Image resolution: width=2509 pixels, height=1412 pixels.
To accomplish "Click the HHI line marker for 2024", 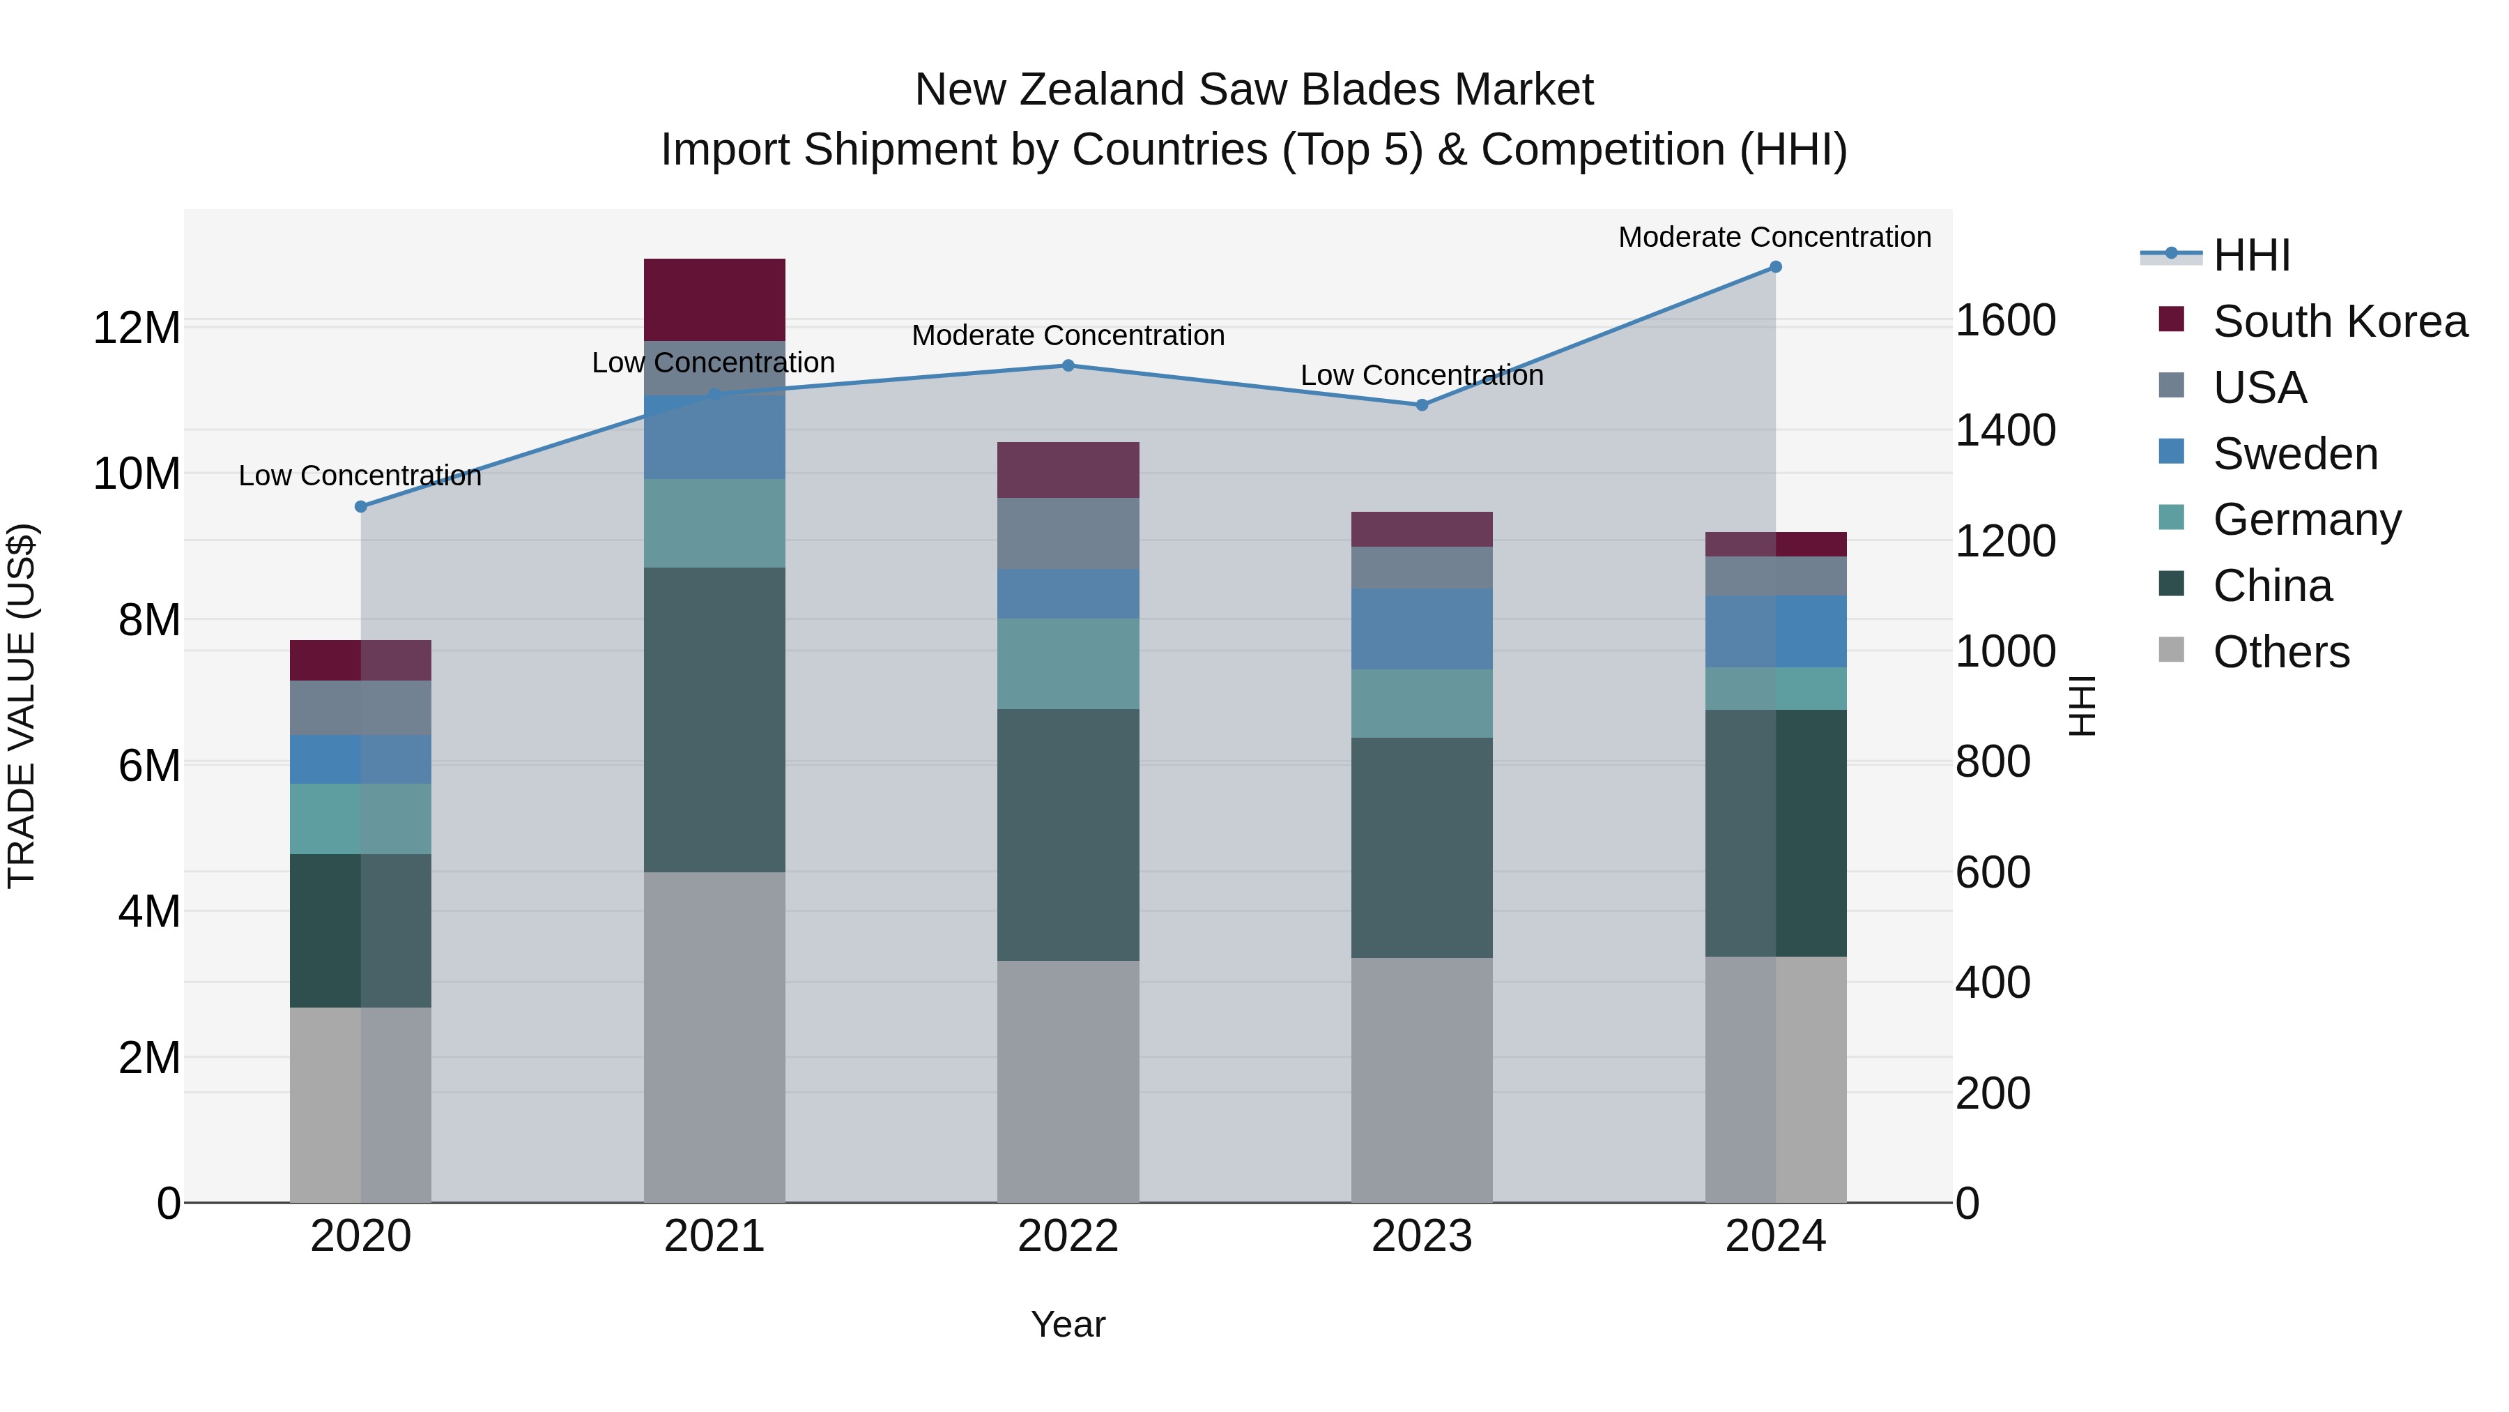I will click(1774, 267).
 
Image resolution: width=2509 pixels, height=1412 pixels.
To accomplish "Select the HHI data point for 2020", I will click(360, 507).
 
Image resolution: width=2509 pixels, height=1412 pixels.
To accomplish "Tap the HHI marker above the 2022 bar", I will click(1068, 365).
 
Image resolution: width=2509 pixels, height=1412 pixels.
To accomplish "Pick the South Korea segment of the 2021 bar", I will click(714, 299).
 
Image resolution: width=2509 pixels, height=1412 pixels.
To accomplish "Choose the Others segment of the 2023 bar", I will click(1421, 1079).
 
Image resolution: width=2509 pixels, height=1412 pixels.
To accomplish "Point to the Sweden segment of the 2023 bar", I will click(1421, 628).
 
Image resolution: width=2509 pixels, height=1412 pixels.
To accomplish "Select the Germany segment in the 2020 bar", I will click(360, 819).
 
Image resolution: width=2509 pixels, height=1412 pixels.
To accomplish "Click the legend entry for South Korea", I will click(2340, 321).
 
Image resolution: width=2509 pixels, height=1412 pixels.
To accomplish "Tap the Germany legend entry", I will click(2306, 519).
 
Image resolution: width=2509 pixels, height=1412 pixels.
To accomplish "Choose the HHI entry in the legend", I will click(2251, 255).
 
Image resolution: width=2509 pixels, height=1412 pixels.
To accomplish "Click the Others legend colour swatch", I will click(2171, 650).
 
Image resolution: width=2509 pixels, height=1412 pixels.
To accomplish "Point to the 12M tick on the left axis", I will click(137, 328).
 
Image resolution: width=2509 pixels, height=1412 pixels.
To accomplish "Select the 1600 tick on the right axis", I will click(2005, 321).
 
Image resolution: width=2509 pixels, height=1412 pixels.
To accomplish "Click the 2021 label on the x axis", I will click(714, 1236).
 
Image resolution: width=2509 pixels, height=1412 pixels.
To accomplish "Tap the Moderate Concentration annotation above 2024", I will click(1774, 237).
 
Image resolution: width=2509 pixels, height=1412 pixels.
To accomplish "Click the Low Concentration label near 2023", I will click(1421, 375).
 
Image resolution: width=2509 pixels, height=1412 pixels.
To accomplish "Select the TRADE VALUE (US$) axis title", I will click(22, 706).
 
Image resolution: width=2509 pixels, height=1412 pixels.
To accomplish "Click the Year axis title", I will click(1068, 1324).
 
